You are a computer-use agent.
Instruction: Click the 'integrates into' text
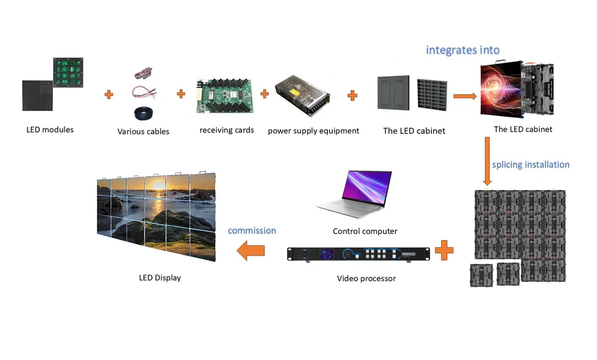[462, 50]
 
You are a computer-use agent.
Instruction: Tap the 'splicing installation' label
[531, 165]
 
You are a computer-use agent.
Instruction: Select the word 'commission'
[252, 231]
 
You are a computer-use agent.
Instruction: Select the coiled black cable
[144, 113]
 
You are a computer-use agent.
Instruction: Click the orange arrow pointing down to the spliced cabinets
[488, 162]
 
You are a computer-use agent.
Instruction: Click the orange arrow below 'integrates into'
[464, 96]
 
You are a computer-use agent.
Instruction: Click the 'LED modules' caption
[50, 130]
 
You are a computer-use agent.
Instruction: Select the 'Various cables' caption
[143, 132]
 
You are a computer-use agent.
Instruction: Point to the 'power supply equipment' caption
[313, 131]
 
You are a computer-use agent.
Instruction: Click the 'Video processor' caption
[366, 278]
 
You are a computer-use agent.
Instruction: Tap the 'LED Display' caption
[160, 278]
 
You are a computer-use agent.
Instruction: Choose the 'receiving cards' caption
[226, 130]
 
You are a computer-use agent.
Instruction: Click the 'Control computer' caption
[365, 232]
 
